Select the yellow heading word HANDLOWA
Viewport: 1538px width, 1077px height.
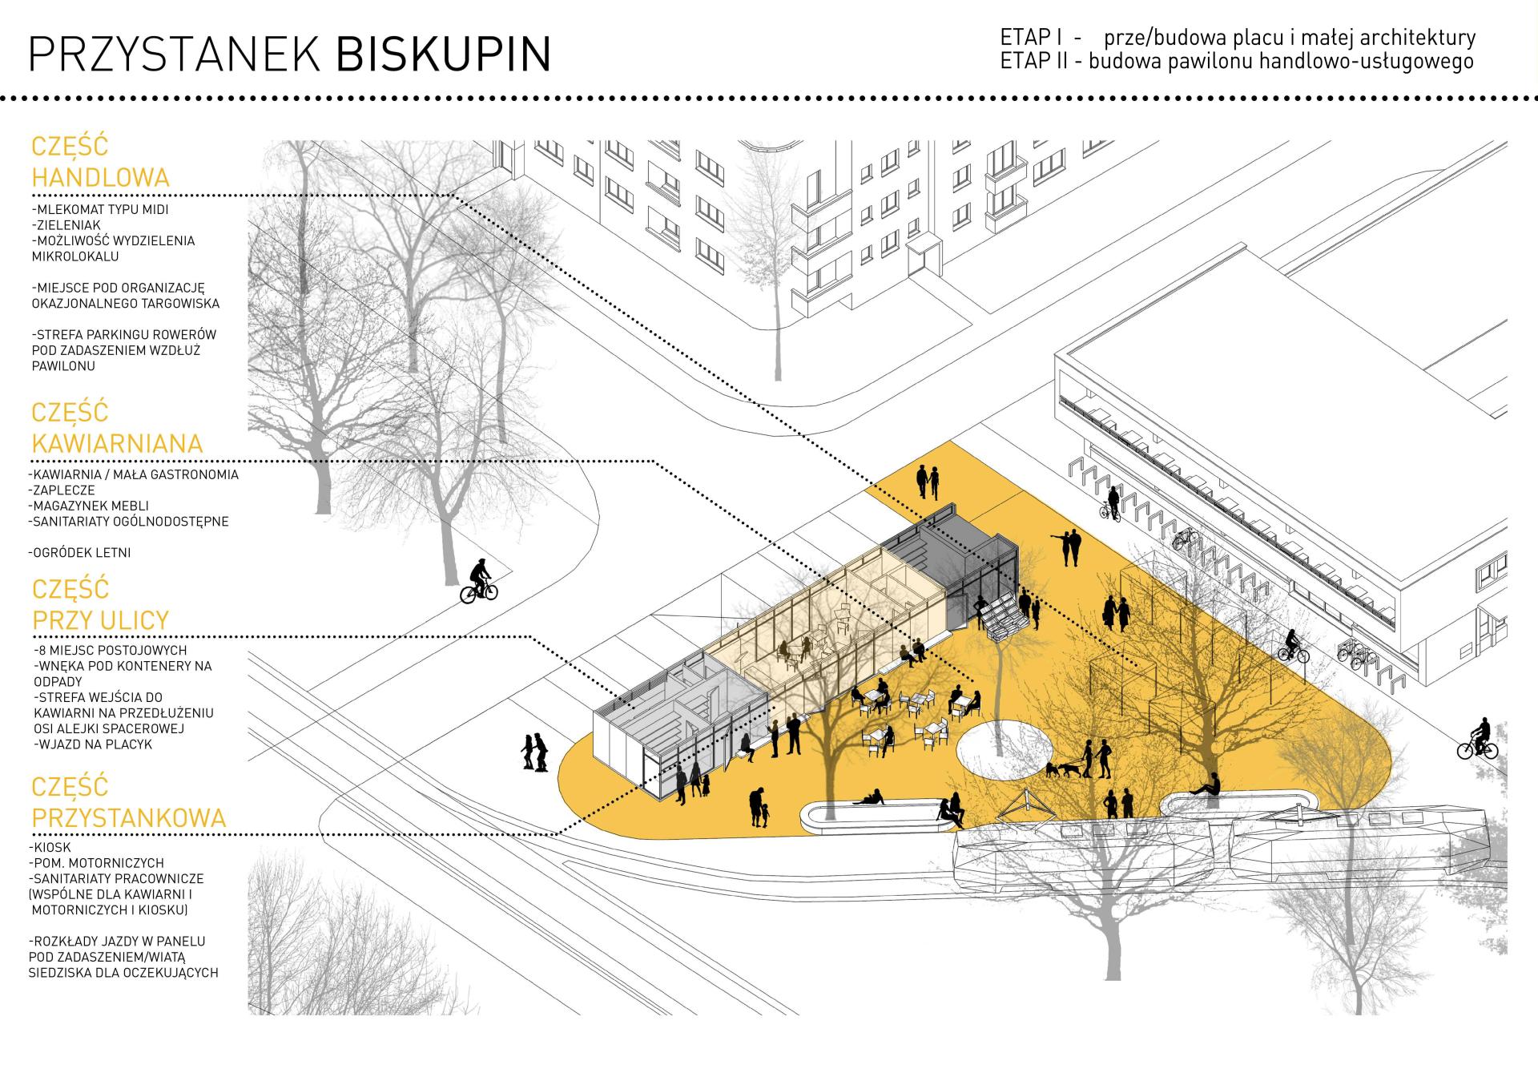[100, 177]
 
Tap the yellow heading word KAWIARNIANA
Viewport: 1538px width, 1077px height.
[117, 443]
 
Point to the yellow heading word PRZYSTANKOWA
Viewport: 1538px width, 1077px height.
[129, 817]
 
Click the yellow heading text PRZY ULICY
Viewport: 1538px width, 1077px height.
[101, 619]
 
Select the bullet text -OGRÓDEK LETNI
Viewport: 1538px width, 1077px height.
[79, 552]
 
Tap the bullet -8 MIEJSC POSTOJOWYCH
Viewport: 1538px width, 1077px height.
[111, 650]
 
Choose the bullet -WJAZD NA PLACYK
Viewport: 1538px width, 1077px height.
[94, 744]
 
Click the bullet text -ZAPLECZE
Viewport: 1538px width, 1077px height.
[62, 490]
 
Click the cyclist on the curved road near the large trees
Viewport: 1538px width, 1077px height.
[479, 581]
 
